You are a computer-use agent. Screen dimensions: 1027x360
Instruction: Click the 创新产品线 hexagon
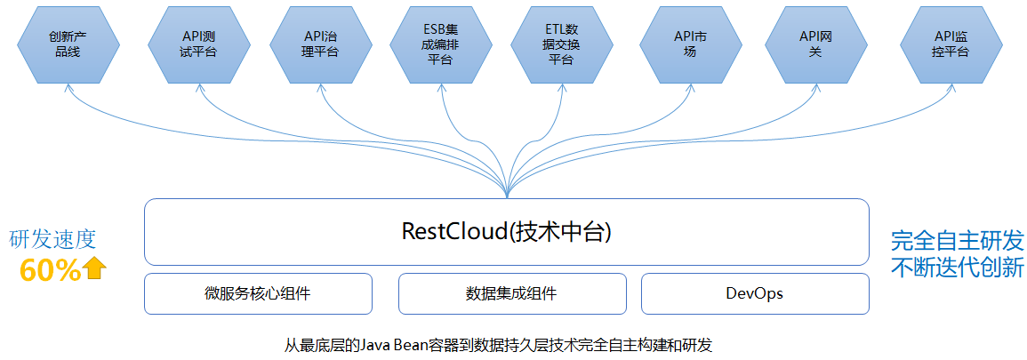click(x=68, y=44)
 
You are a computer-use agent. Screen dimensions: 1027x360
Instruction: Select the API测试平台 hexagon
click(x=197, y=44)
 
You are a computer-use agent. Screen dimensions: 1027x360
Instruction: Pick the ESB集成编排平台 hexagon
click(x=441, y=44)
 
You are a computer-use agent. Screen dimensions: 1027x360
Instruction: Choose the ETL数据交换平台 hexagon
click(x=561, y=44)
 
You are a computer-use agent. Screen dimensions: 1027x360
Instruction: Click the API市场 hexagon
click(x=690, y=44)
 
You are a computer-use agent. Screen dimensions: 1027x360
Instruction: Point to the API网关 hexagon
click(x=814, y=44)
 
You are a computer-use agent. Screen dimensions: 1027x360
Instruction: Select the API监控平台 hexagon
click(x=951, y=44)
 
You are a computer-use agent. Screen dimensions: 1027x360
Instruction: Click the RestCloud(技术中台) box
click(x=506, y=232)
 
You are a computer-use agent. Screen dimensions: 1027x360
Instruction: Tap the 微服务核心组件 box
click(x=258, y=293)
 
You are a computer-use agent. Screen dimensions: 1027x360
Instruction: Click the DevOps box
click(x=755, y=293)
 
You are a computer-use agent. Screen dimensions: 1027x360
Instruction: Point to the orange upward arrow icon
click(x=96, y=268)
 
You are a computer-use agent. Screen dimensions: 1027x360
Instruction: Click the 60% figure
click(x=51, y=269)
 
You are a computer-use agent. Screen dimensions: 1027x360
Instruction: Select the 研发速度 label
click(x=52, y=240)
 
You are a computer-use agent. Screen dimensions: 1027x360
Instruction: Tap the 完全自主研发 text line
click(x=957, y=241)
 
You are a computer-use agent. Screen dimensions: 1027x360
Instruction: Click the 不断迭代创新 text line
click(x=957, y=267)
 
